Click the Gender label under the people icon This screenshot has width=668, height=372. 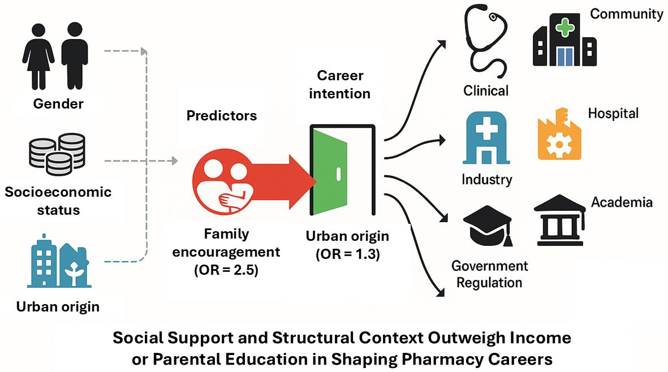(58, 103)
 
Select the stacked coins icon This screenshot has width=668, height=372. (56, 153)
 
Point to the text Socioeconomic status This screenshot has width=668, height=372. (58, 201)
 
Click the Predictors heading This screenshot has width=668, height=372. (222, 116)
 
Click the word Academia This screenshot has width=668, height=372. (622, 202)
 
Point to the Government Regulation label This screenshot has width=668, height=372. (489, 274)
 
